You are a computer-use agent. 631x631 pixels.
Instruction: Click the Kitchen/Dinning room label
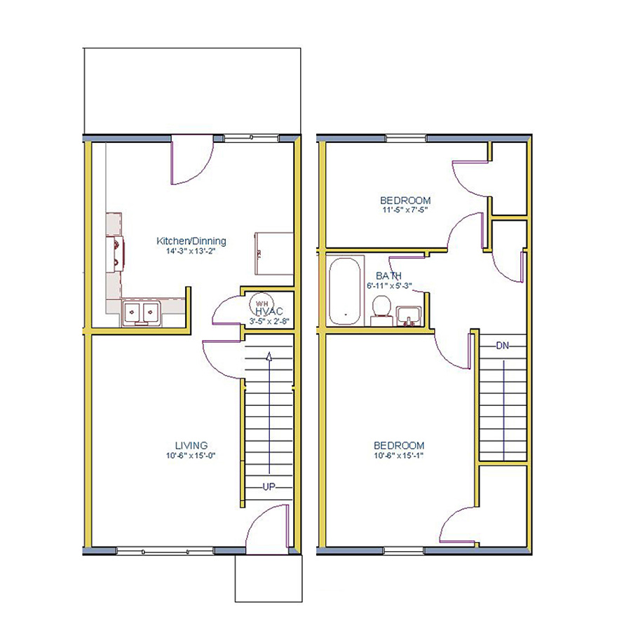pos(191,241)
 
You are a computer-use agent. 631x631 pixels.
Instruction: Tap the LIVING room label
pos(191,445)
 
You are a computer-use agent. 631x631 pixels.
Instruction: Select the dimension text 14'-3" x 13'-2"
pos(191,252)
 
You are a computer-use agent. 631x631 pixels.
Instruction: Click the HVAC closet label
pos(269,311)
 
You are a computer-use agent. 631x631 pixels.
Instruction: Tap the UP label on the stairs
pos(269,487)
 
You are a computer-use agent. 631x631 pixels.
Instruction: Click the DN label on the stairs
pos(502,345)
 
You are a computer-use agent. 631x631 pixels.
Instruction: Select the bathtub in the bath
pos(345,291)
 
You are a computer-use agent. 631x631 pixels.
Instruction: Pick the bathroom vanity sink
pos(409,316)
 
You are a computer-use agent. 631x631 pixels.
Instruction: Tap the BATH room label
pos(388,276)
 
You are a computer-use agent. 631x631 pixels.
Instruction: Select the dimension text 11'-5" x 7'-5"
pos(405,210)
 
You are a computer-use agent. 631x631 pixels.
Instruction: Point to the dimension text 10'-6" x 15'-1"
pos(398,456)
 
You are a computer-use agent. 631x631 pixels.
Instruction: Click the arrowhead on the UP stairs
pos(269,355)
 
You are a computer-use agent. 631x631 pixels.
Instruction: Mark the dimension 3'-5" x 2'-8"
pos(269,322)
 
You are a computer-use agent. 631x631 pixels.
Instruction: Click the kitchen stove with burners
pos(115,255)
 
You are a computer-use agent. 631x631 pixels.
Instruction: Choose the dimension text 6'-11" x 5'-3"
pos(389,286)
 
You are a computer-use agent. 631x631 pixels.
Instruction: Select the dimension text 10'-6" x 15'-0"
pos(191,456)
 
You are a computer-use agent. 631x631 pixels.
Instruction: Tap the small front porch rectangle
pos(269,579)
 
